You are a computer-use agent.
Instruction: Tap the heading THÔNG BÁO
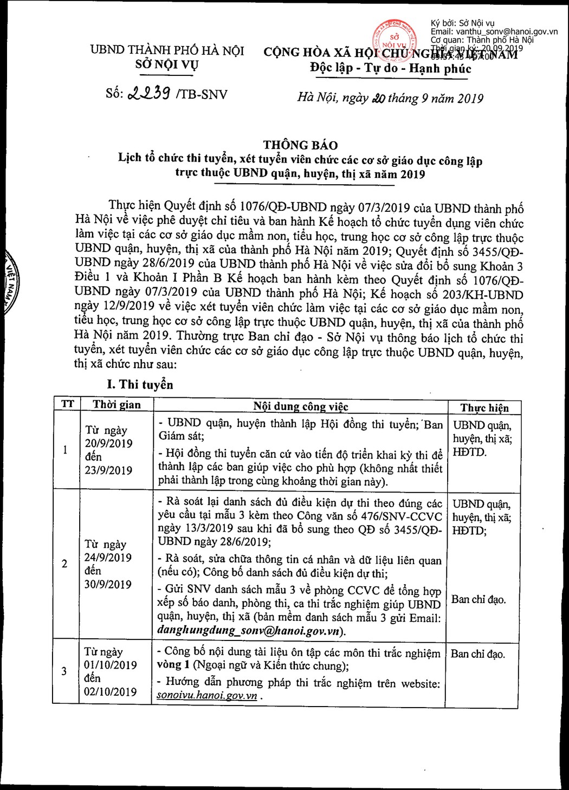300,145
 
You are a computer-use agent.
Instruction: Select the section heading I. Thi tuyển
140,385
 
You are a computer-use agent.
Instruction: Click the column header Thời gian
117,404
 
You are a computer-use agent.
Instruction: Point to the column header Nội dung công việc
300,406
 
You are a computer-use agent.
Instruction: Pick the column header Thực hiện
484,408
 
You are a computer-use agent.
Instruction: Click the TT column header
67,404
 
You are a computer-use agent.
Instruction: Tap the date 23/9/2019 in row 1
108,470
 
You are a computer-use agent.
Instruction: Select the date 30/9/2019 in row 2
108,584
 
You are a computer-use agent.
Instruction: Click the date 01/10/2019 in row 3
111,665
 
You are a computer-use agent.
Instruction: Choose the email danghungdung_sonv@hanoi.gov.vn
250,631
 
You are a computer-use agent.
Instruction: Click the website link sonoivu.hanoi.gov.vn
207,696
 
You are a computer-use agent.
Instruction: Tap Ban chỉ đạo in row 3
477,654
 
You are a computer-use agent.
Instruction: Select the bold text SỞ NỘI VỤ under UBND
167,65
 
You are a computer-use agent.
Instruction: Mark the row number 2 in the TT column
64,564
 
